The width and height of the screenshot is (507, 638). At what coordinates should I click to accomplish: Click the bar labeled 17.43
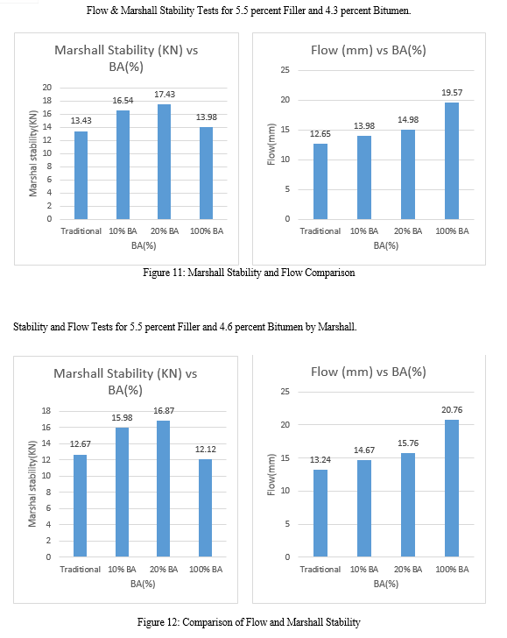tap(165, 162)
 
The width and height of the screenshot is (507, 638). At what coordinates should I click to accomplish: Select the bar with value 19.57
tap(452, 161)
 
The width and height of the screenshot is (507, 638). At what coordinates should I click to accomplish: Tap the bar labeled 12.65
tap(320, 181)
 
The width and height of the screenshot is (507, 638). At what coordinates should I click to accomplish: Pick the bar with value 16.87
tap(164, 489)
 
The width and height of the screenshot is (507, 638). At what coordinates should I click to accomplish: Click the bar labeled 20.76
tap(452, 488)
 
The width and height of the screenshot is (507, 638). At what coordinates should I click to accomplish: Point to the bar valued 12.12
tap(205, 507)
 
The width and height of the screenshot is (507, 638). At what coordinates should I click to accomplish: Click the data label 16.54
tap(123, 101)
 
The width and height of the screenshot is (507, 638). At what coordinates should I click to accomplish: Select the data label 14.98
tap(408, 119)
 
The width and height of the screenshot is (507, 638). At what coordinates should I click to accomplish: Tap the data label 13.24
tap(320, 460)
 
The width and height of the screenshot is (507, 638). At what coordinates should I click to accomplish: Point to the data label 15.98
tap(122, 418)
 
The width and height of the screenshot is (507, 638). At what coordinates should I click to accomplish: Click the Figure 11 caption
tap(249, 273)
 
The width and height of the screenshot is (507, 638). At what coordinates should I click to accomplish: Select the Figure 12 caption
tap(249, 622)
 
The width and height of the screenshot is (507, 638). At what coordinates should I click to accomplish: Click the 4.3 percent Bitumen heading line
tap(249, 11)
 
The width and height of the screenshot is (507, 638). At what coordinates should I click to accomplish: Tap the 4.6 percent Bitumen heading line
tap(185, 327)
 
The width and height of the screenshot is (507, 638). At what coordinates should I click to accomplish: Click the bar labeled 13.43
tap(81, 175)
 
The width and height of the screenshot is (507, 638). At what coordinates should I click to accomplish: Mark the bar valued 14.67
tap(364, 508)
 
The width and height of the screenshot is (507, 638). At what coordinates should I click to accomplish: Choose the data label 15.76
tap(408, 443)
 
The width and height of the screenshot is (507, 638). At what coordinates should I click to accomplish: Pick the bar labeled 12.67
tap(80, 506)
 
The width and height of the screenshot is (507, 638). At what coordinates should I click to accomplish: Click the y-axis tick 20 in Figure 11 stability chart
tap(47, 88)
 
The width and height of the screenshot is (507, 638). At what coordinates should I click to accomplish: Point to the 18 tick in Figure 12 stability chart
tap(46, 411)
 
